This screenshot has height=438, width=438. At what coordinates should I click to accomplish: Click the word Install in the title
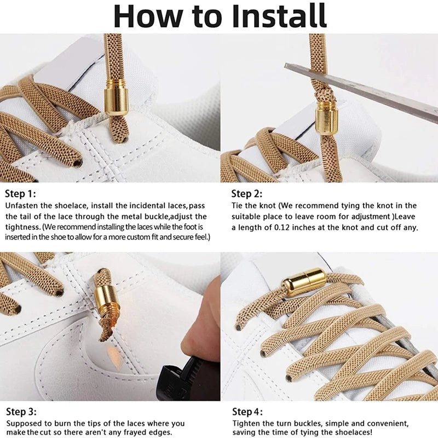[279, 16]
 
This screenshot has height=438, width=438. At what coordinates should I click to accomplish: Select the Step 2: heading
[247, 193]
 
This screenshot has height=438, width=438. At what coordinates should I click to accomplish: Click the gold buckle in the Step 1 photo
[116, 97]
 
